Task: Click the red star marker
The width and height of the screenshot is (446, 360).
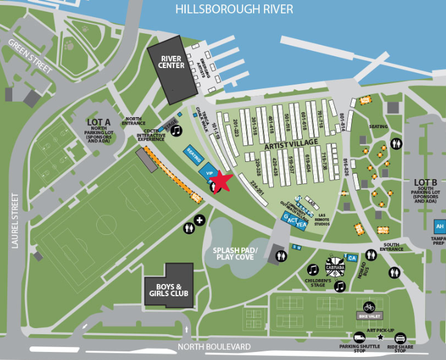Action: coord(221,180)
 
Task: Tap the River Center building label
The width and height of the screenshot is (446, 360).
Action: coord(172,62)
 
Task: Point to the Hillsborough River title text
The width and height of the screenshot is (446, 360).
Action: coord(234,9)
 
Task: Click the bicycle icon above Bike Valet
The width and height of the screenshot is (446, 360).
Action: coord(369,306)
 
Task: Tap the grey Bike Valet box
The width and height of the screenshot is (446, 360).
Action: coord(369,315)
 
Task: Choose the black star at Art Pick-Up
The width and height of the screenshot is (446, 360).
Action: coord(380,337)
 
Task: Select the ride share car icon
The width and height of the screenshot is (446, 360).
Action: coord(400,338)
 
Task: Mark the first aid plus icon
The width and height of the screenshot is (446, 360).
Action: coord(199,219)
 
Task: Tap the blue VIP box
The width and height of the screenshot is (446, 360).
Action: coord(209,174)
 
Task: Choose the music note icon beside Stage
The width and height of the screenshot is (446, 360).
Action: coord(176,131)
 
